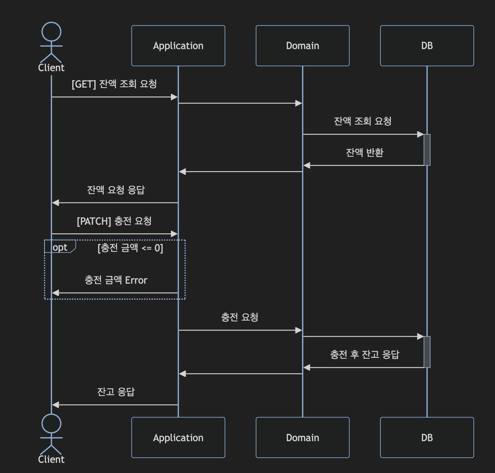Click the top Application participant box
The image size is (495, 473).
[178, 46]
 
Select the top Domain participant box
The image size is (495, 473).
[302, 46]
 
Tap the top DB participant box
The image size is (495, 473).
[427, 46]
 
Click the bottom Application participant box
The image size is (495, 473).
[178, 437]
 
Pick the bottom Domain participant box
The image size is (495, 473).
[302, 437]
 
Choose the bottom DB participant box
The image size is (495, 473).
[427, 437]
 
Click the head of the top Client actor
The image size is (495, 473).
[51, 32]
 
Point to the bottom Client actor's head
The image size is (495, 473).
[51, 423]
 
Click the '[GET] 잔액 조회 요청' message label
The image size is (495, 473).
[114, 84]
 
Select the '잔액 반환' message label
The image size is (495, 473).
[365, 152]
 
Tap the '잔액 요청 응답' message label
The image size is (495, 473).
[116, 190]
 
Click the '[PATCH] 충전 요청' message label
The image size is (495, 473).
[114, 221]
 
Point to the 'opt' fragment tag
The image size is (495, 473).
[60, 247]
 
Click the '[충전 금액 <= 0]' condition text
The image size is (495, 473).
[130, 248]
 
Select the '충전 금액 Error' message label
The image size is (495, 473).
[116, 280]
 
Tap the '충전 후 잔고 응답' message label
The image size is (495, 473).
[365, 355]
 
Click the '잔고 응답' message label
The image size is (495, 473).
[116, 392]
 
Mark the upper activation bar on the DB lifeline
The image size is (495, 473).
[427, 150]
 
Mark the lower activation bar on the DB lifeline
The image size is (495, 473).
[427, 352]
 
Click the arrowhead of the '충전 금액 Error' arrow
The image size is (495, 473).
[55, 293]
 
